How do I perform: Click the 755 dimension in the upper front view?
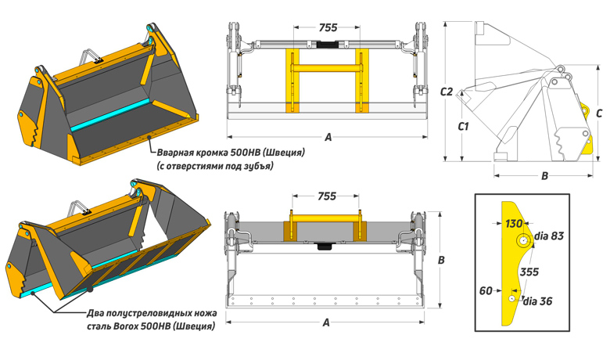pos(328,27)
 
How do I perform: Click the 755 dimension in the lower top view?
pos(327,196)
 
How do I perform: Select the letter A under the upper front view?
pos(328,137)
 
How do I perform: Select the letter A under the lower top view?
pos(326,322)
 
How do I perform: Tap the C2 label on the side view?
pos(447,92)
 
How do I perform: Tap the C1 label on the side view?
pos(463,127)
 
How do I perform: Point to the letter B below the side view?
pos(544,176)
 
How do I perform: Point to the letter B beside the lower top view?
pos(441,260)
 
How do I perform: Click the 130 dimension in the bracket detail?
pos(514,224)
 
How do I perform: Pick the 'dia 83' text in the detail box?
pos(549,236)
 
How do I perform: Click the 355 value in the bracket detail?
pos(529,272)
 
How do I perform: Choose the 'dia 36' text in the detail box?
pos(537,301)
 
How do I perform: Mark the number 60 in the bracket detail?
pos(486,290)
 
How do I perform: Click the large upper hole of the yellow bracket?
pos(523,240)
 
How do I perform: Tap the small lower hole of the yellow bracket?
pos(512,298)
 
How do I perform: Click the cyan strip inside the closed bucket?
pos(110,116)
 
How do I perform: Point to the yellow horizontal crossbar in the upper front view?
pos(327,69)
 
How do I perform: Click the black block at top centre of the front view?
pos(328,45)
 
